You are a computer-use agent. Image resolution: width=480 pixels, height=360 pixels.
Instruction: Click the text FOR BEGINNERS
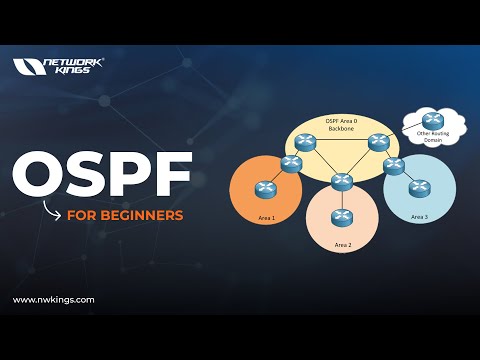(x=125, y=214)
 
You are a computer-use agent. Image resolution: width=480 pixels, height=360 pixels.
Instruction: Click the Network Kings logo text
(x=72, y=66)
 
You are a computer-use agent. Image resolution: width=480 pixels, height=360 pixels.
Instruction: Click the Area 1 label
(x=265, y=217)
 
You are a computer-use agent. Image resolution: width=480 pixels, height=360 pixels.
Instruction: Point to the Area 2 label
(x=343, y=243)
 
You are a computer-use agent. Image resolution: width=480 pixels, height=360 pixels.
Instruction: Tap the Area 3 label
(x=419, y=216)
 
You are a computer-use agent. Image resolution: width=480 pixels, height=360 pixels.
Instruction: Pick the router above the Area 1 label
(x=265, y=187)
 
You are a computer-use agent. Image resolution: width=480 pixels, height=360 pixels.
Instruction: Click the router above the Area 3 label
(x=419, y=186)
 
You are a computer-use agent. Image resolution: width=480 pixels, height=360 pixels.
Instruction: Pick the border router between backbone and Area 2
(x=343, y=180)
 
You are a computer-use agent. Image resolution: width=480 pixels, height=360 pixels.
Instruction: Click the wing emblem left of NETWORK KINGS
(x=25, y=66)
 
